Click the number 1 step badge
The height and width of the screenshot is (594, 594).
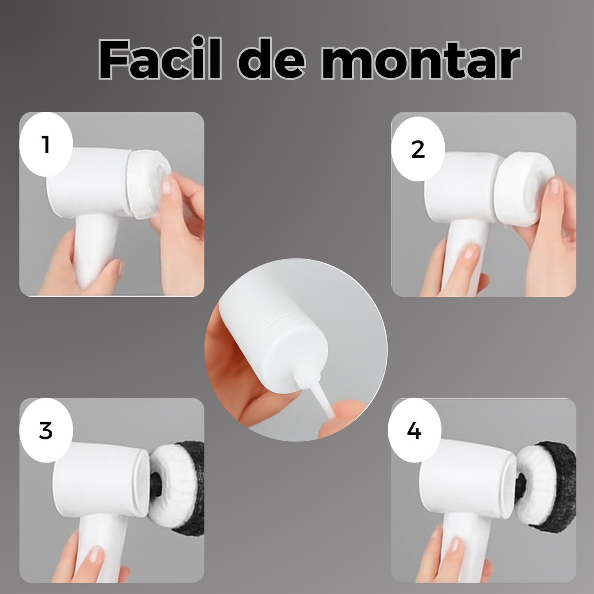click(46, 144)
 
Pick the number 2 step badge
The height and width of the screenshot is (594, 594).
click(418, 149)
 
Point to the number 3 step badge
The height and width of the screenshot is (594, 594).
click(46, 430)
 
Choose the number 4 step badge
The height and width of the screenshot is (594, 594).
click(414, 430)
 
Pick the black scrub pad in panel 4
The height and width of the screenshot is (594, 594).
click(555, 487)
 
